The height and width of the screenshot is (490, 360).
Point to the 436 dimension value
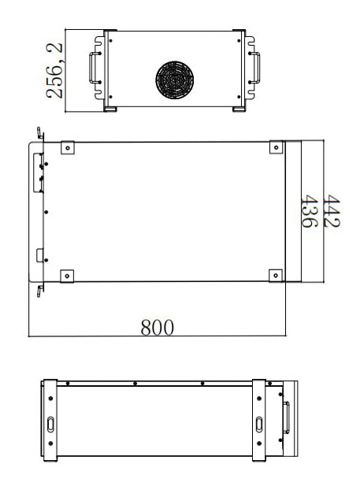point(310,212)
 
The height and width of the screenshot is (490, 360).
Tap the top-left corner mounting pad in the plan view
point(68,147)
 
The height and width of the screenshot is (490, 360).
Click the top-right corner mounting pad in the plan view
point(276,147)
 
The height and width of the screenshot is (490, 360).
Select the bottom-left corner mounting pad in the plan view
point(68,275)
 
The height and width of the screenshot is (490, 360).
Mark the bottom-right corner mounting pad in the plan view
point(276,275)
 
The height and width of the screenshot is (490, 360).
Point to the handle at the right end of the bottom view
point(287,418)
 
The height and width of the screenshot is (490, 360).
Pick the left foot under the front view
point(111,106)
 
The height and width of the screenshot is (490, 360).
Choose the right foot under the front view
point(239,106)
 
